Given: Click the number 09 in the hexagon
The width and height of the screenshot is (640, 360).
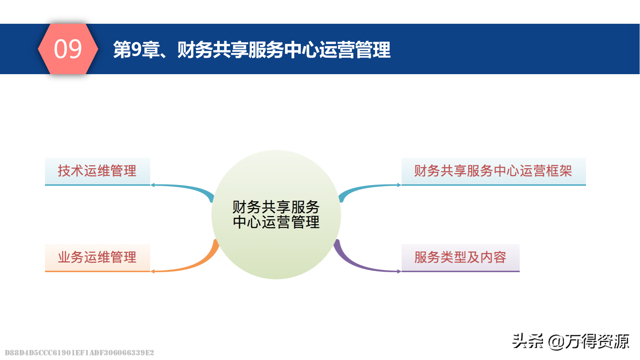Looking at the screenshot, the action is pos(68,49).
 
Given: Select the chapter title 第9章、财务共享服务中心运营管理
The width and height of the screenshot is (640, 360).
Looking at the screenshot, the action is pos(252,50).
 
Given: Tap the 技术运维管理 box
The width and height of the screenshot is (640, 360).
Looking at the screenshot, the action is pos(97,171).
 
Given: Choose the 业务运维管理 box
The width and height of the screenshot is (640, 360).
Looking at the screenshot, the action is pos(97,257).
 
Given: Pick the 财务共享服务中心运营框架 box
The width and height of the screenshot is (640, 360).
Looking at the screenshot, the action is pos(493,171).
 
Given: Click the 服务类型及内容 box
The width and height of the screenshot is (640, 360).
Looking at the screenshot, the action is pos(460,257).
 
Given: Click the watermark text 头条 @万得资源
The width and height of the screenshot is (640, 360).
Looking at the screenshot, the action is pos(571,341).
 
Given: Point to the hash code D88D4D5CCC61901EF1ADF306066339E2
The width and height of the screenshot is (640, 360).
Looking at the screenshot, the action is pos(79,353).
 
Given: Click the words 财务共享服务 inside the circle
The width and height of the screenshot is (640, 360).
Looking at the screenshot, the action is pos(276,207).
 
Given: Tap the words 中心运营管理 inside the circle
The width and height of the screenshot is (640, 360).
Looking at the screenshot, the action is pos(276,222).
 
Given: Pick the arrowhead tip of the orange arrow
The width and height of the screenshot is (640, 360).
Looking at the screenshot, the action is pos(152,271).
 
